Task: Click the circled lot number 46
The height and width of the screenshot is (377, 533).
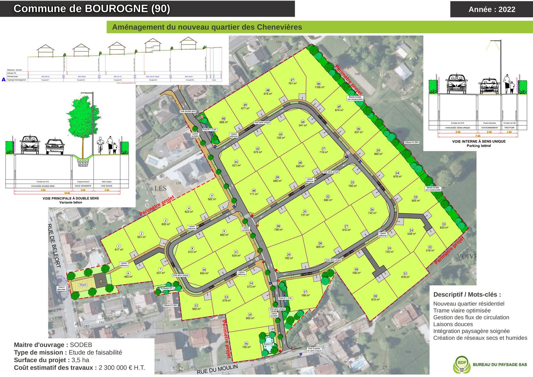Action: (318, 84)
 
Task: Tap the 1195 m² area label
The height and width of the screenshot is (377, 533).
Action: (320, 87)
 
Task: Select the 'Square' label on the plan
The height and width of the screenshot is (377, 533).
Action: (83, 285)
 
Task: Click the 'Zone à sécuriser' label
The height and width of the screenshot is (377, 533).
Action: (61, 288)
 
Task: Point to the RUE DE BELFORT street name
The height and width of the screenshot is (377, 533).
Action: (54, 246)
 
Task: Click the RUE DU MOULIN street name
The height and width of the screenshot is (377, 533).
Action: (217, 369)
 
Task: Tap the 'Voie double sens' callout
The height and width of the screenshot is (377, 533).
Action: (188, 111)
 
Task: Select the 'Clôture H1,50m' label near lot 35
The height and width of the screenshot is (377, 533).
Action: (412, 142)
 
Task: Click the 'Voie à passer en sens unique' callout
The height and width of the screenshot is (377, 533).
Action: (314, 349)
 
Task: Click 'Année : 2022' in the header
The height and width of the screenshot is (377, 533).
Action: (492, 9)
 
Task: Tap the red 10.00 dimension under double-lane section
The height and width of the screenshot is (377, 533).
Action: (67, 193)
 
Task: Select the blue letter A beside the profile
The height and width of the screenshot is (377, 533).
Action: (4, 80)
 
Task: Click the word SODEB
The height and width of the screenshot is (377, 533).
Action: (81, 345)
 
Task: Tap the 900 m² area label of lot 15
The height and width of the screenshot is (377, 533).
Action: (250, 318)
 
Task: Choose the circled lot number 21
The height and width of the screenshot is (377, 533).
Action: (405, 274)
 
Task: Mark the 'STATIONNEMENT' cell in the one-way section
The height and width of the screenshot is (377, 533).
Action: (489, 128)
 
